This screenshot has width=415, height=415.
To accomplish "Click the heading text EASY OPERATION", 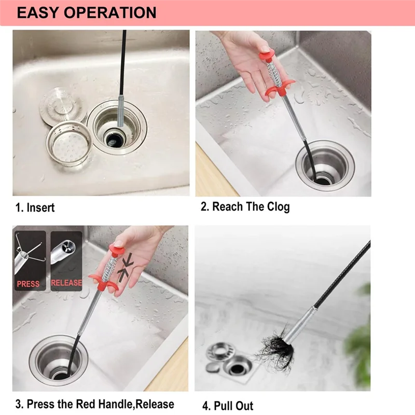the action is click(87, 12).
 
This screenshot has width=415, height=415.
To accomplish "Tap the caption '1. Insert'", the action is click(35, 208).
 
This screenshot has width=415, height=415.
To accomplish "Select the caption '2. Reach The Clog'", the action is click(245, 206).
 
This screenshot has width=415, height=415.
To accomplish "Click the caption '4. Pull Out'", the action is click(228, 406).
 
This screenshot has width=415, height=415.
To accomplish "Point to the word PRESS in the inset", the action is click(28, 284).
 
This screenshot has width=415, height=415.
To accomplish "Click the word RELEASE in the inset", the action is click(66, 283).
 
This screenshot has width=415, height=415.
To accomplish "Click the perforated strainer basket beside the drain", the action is click(69, 143).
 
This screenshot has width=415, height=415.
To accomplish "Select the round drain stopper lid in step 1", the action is click(63, 105).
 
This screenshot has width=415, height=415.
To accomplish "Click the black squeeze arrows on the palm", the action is click(125, 267).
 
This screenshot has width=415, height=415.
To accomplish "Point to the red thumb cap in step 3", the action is click(116, 250).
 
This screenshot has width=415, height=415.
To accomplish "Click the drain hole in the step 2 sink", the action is click(323, 181).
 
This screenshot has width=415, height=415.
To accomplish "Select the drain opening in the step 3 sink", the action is click(61, 375).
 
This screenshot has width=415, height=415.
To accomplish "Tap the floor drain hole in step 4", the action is click(237, 368).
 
